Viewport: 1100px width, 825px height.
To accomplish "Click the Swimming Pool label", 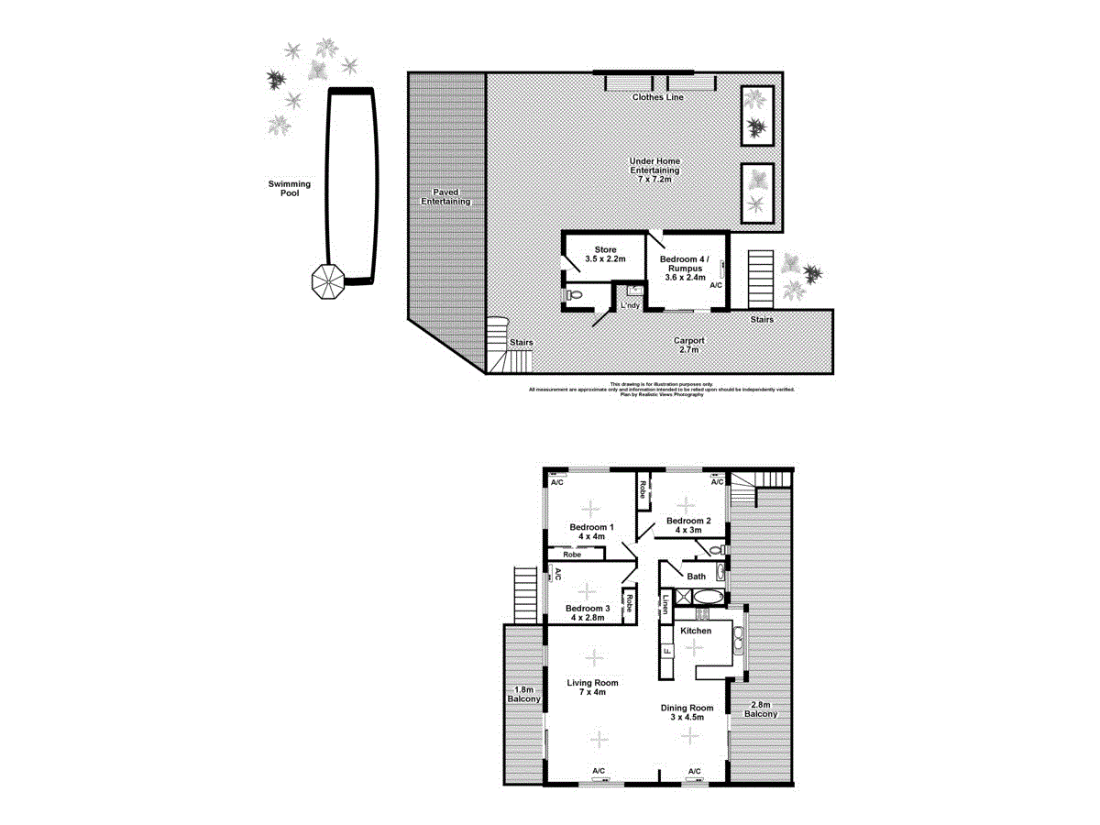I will pos(289,189).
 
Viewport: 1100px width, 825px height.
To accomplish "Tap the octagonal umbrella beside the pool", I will pos(327,280).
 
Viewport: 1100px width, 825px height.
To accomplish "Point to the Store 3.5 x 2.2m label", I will pos(605,254).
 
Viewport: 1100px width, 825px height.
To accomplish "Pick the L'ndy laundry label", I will pos(630,304).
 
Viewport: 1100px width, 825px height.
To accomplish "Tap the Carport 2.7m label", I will pos(689,345).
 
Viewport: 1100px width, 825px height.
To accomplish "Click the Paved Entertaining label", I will pos(445,196).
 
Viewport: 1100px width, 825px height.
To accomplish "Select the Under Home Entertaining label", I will pos(654,170).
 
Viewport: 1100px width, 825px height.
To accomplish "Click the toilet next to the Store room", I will pos(575,295).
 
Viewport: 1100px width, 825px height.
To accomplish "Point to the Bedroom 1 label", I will pos(591,533).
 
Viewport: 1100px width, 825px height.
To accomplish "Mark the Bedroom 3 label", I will pos(588,613).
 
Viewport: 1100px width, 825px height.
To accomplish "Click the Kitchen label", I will pos(696,632).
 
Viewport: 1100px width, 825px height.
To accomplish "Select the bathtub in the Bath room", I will pos(708,597).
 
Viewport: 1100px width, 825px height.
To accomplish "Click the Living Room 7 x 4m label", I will pos(592,687).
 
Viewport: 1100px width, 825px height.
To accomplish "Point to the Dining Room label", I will pos(687,712).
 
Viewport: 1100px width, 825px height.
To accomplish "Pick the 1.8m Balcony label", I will pos(523,695).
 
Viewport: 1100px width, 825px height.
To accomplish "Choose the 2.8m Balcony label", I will pos(761,708).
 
